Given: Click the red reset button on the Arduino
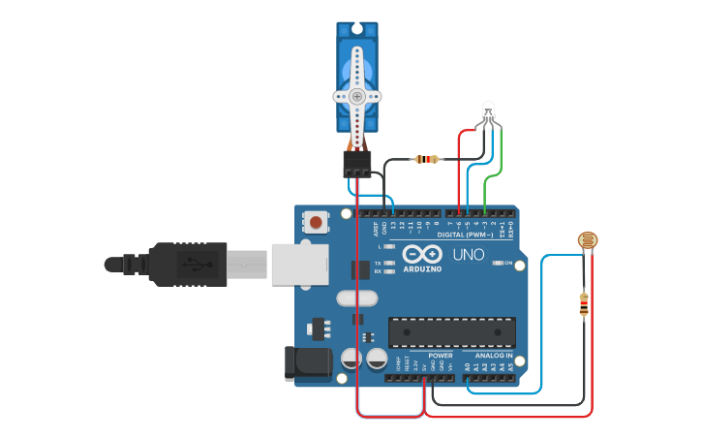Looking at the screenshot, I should click(x=317, y=223).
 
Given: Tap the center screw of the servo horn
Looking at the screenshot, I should click(x=357, y=96).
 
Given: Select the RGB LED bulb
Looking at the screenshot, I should click(x=489, y=111).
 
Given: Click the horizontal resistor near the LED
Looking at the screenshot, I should click(x=425, y=159).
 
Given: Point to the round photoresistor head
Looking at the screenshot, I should click(x=587, y=241).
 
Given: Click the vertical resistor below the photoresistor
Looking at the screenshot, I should click(x=583, y=304).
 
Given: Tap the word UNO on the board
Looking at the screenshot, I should click(x=469, y=256).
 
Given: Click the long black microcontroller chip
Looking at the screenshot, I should click(x=450, y=331).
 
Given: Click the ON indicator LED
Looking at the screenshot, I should click(x=496, y=263).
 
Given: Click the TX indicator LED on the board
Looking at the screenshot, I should click(x=389, y=263).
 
